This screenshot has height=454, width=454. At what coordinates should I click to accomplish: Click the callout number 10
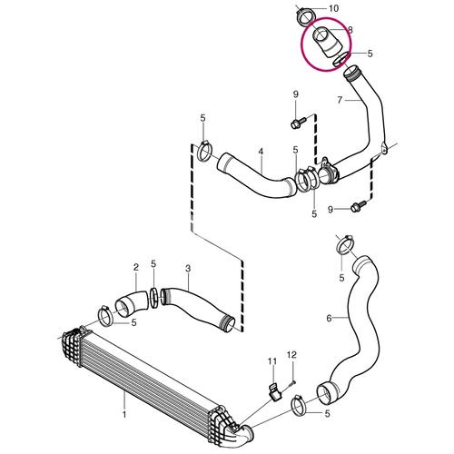pyautogui.click(x=333, y=8)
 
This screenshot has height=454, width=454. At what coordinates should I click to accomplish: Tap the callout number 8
pyautogui.click(x=350, y=30)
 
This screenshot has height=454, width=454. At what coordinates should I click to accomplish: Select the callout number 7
pyautogui.click(x=340, y=100)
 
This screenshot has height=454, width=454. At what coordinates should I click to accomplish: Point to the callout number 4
pyautogui.click(x=261, y=152)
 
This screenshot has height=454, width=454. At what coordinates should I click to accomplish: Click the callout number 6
pyautogui.click(x=330, y=318)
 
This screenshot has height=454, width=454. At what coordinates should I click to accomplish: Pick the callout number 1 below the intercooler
pyautogui.click(x=124, y=414)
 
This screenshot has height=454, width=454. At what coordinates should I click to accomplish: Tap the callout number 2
pyautogui.click(x=136, y=267)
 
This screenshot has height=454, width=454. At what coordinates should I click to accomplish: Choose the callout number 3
pyautogui.click(x=188, y=268)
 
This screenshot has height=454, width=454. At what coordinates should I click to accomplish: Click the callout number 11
pyautogui.click(x=272, y=361)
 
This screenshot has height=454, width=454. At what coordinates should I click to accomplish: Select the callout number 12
pyautogui.click(x=291, y=355)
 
